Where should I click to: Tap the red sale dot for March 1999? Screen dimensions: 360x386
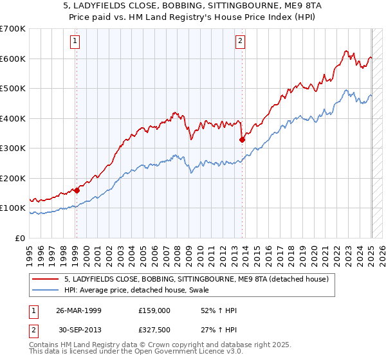click(x=77, y=190)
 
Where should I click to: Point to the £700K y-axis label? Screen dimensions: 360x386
click(x=13, y=29)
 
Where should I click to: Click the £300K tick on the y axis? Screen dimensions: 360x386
click(x=13, y=148)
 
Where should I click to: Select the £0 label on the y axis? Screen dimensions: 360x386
click(x=19, y=238)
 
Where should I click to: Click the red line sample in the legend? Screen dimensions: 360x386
click(x=46, y=279)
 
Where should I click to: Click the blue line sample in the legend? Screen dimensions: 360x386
click(x=46, y=291)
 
